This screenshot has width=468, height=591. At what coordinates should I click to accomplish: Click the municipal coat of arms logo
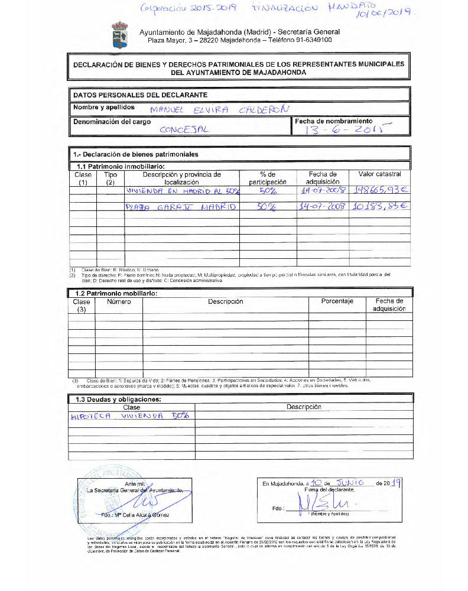120,35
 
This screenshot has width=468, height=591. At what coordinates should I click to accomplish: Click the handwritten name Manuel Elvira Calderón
220,109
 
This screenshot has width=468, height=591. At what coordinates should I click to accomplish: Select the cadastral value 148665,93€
381,191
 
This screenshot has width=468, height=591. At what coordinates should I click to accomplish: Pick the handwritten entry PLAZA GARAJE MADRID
181,207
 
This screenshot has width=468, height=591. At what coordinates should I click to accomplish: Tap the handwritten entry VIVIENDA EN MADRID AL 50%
181,191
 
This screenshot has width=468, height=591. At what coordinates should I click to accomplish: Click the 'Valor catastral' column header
380,174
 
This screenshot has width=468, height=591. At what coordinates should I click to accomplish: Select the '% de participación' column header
268,178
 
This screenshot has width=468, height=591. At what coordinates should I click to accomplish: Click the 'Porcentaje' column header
337,301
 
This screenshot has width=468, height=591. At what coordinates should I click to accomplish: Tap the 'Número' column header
119,301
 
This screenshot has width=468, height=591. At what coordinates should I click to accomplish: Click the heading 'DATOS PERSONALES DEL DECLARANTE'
140,95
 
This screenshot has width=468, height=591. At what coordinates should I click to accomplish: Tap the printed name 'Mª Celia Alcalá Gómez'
138,515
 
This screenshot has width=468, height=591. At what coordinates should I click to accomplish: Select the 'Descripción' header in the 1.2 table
225,301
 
